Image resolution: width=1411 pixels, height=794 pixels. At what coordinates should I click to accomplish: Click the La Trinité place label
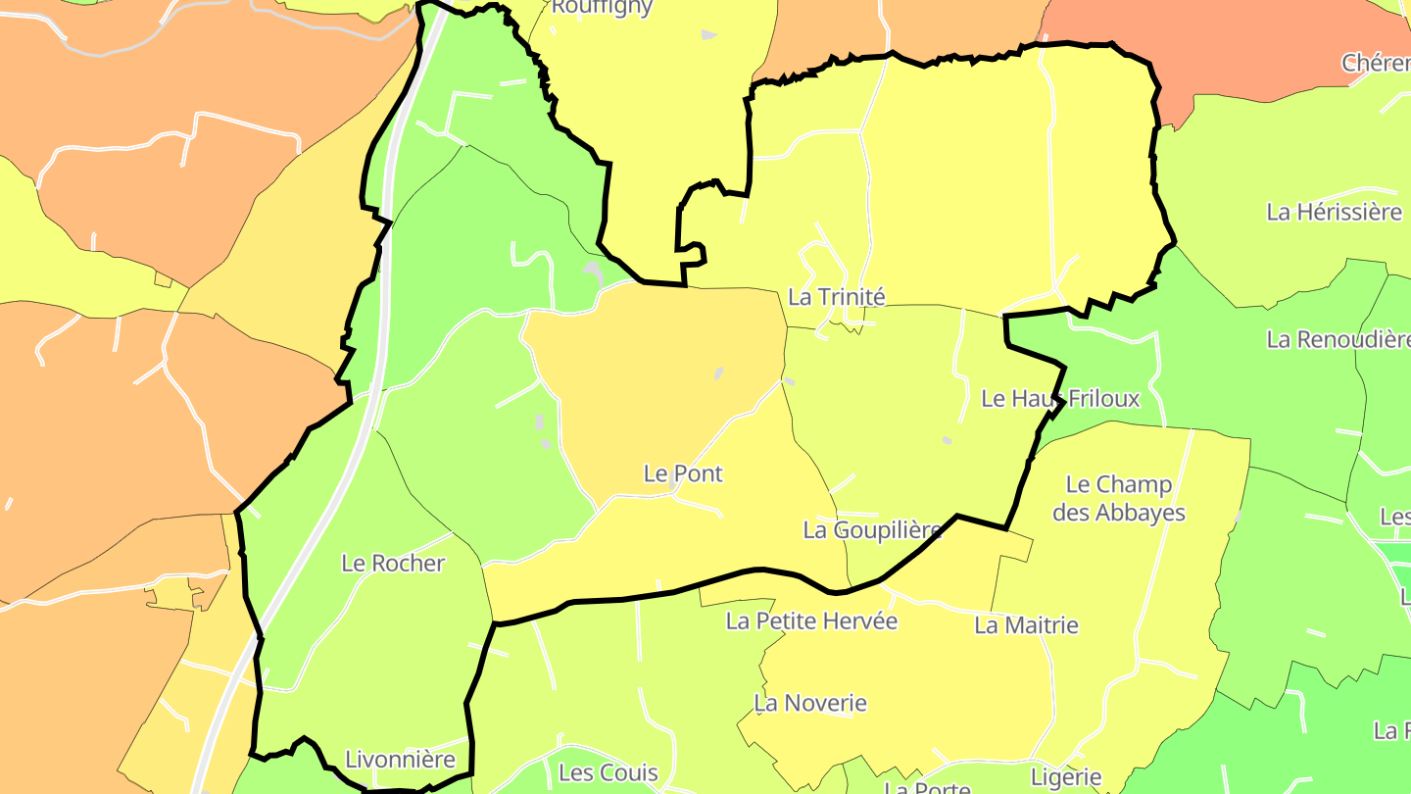click(x=836, y=297)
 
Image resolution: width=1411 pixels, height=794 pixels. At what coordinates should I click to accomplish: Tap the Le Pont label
click(x=683, y=473)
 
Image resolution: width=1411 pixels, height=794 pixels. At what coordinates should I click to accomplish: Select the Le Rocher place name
click(x=393, y=564)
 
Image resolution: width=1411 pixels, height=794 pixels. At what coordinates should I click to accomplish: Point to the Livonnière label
click(x=400, y=760)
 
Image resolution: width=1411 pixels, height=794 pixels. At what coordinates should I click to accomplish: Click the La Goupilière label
click(x=872, y=530)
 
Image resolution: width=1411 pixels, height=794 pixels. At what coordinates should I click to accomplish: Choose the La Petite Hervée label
click(x=811, y=620)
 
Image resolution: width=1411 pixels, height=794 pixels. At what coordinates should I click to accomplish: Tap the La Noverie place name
click(x=810, y=703)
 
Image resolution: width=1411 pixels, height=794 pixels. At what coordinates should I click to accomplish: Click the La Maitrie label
click(x=1026, y=625)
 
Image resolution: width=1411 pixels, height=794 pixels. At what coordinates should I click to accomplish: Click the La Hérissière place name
click(x=1335, y=212)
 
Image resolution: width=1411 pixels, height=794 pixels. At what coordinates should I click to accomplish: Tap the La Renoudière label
click(x=1338, y=340)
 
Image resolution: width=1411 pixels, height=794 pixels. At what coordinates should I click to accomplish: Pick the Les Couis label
click(x=608, y=772)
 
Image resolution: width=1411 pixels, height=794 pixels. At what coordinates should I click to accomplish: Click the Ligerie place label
click(x=1066, y=778)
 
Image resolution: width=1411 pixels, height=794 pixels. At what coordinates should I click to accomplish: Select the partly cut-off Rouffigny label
click(x=602, y=8)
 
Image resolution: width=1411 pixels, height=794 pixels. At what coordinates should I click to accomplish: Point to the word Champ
click(x=1134, y=484)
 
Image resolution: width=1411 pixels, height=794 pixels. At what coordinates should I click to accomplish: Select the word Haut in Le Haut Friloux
click(x=1035, y=399)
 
